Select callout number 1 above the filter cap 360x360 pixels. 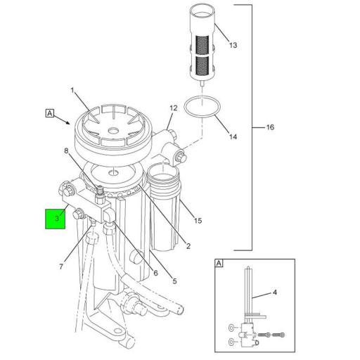click(72, 91)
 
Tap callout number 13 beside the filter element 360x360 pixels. click(233, 45)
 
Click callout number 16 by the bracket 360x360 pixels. click(269, 128)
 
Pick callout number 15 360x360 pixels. click(198, 221)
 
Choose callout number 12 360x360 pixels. click(173, 108)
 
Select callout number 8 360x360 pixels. click(66, 150)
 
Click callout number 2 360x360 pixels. click(188, 245)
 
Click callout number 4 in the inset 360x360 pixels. click(275, 292)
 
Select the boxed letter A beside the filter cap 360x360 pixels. click(49, 112)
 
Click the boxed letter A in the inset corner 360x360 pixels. click(219, 264)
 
